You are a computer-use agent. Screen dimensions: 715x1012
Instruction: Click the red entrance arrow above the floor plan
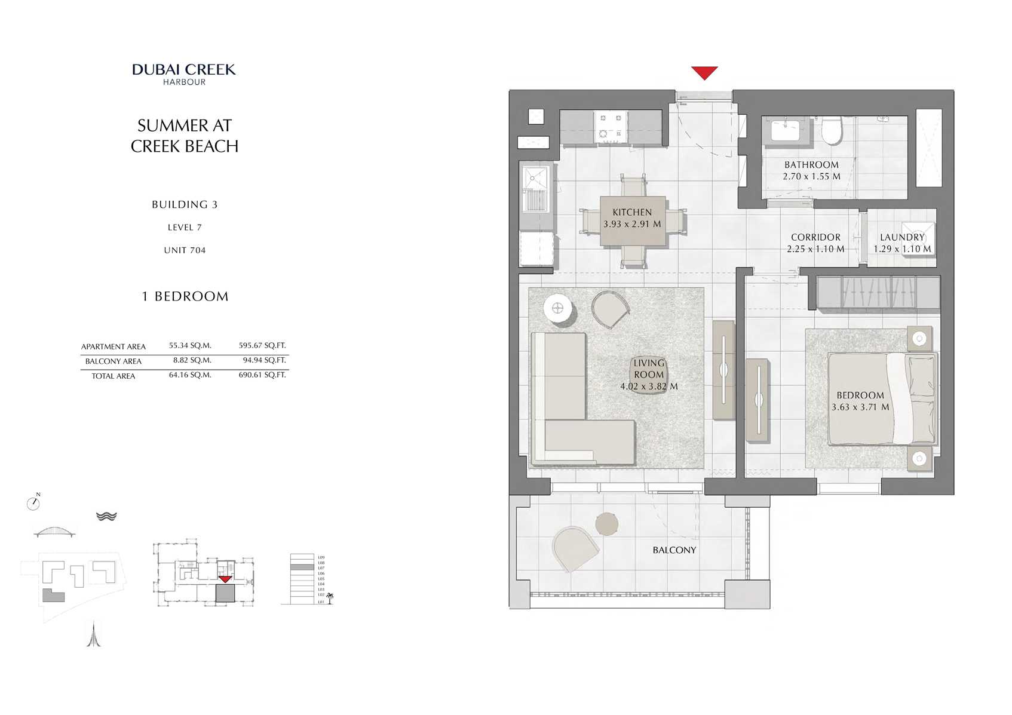point(704,72)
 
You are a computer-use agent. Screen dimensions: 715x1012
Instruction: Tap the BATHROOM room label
point(811,165)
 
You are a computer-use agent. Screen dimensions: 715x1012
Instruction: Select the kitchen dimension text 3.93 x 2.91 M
point(632,225)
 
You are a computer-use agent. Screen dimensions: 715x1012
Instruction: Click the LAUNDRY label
point(901,237)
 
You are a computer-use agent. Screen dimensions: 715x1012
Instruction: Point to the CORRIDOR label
point(815,237)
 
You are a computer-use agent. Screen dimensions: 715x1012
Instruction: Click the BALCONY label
point(674,550)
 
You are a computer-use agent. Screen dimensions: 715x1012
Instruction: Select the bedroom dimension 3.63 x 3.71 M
point(860,407)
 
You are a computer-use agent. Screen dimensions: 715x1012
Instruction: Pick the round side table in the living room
point(559,309)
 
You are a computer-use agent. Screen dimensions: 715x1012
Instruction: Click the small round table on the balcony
point(608,524)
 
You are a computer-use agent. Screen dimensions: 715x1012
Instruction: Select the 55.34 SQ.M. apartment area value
point(190,345)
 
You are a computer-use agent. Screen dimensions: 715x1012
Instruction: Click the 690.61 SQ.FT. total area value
point(262,375)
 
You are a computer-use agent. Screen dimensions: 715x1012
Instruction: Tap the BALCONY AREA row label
point(114,361)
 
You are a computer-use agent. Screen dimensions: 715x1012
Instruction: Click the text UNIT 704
point(185,250)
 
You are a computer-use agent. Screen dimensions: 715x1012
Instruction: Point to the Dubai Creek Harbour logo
point(184,73)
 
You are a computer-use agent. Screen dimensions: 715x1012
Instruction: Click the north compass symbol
point(33,503)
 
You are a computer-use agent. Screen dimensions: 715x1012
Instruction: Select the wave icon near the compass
point(106,516)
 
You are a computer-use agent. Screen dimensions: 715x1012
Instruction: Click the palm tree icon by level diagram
point(329,597)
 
